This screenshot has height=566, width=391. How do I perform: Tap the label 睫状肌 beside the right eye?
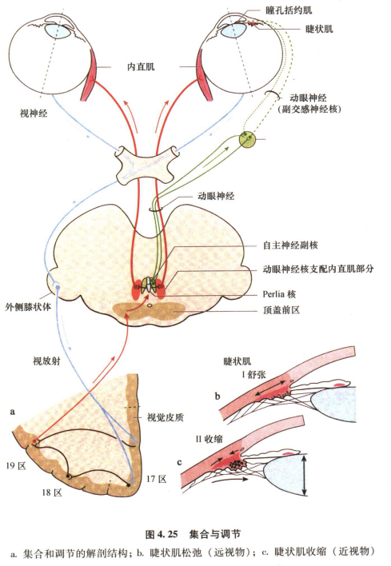coord(319,29)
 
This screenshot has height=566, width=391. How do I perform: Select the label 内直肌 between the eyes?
coord(142,67)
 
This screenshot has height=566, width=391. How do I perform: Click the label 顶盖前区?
coord(281,310)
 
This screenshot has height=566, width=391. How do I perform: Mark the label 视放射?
coord(44,361)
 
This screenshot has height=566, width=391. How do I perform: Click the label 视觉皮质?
coord(166,417)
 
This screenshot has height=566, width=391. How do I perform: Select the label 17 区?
coord(156,479)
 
